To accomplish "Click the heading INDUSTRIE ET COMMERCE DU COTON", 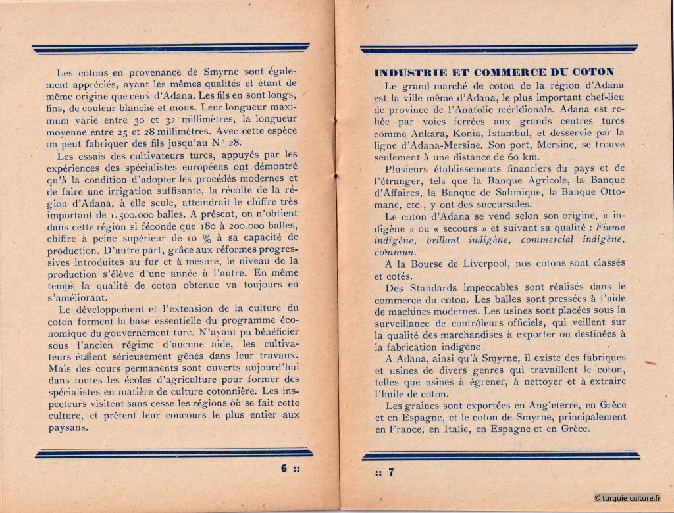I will pyautogui.click(x=494, y=72).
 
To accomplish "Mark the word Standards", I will pyautogui.click(x=428, y=287).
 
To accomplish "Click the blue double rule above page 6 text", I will pyautogui.click(x=170, y=48).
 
